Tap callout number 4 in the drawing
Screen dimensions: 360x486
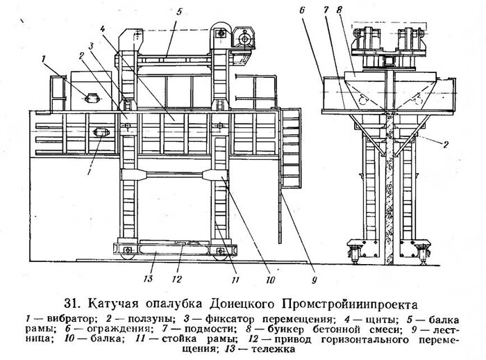tap(102, 30)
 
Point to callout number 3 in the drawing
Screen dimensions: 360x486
tap(90, 46)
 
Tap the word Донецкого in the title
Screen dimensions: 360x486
tap(249, 304)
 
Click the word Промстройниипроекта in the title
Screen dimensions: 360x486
tap(357, 304)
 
